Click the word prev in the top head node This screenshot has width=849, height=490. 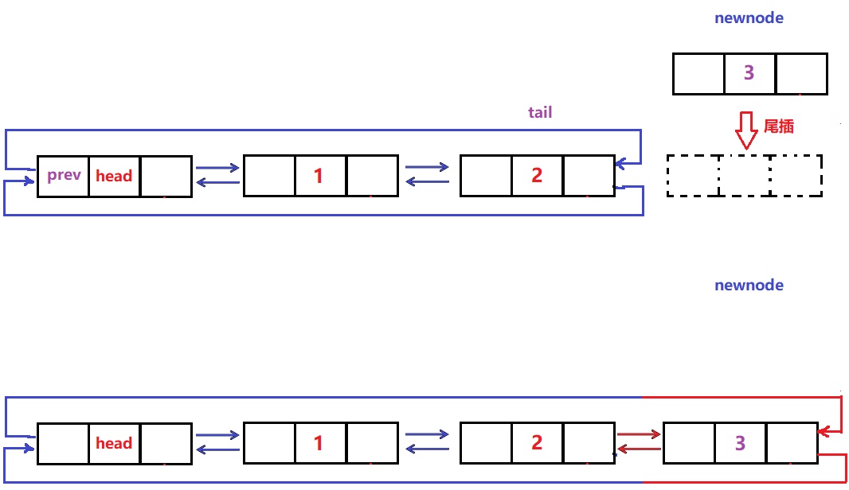point(64,175)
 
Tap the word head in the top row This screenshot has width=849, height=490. point(114,177)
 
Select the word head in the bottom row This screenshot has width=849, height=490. point(114,444)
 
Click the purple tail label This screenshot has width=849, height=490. point(540,112)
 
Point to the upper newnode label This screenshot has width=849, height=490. point(749,18)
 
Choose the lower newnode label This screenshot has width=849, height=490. point(749,285)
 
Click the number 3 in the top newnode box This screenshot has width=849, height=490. point(749,73)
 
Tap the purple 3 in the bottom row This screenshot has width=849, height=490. point(741,443)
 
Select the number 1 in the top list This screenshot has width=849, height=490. point(319,176)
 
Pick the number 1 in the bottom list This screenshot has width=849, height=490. point(319,443)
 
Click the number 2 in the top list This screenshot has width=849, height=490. point(536,176)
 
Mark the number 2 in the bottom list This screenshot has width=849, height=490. point(536,443)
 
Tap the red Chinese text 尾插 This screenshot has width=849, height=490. point(778,126)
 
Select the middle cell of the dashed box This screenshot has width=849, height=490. point(745,176)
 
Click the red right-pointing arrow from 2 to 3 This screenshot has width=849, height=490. point(639,434)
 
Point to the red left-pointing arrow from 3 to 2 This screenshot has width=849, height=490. point(639,450)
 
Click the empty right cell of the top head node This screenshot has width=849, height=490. point(166,176)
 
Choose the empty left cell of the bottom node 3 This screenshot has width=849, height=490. point(689,443)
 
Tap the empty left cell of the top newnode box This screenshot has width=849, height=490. point(698,73)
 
